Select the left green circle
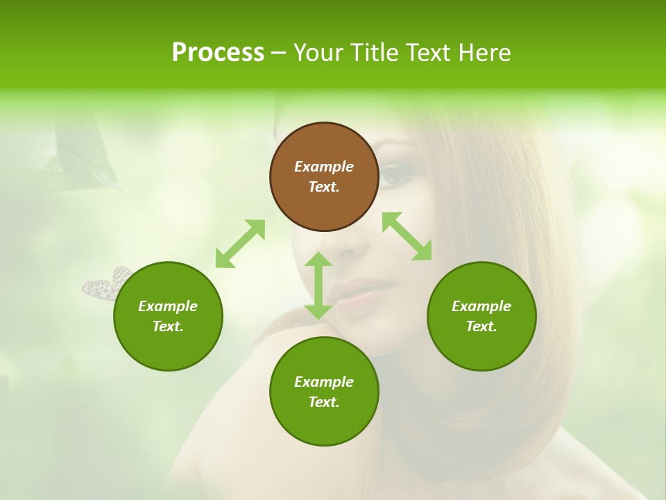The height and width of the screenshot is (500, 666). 168,316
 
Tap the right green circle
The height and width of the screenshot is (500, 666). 481,316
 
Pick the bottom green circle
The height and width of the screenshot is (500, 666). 324,392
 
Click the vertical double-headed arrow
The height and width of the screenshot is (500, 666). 318,285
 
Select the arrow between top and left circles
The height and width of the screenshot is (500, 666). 240,243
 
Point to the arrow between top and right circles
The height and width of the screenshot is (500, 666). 407,236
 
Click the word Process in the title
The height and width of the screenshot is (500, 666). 218,53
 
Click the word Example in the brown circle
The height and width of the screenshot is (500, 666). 324,167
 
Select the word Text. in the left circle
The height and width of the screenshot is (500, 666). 168,326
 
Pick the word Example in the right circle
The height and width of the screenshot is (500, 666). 481,306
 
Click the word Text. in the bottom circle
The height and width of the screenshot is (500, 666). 324,402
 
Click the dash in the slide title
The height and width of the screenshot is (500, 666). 278,53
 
